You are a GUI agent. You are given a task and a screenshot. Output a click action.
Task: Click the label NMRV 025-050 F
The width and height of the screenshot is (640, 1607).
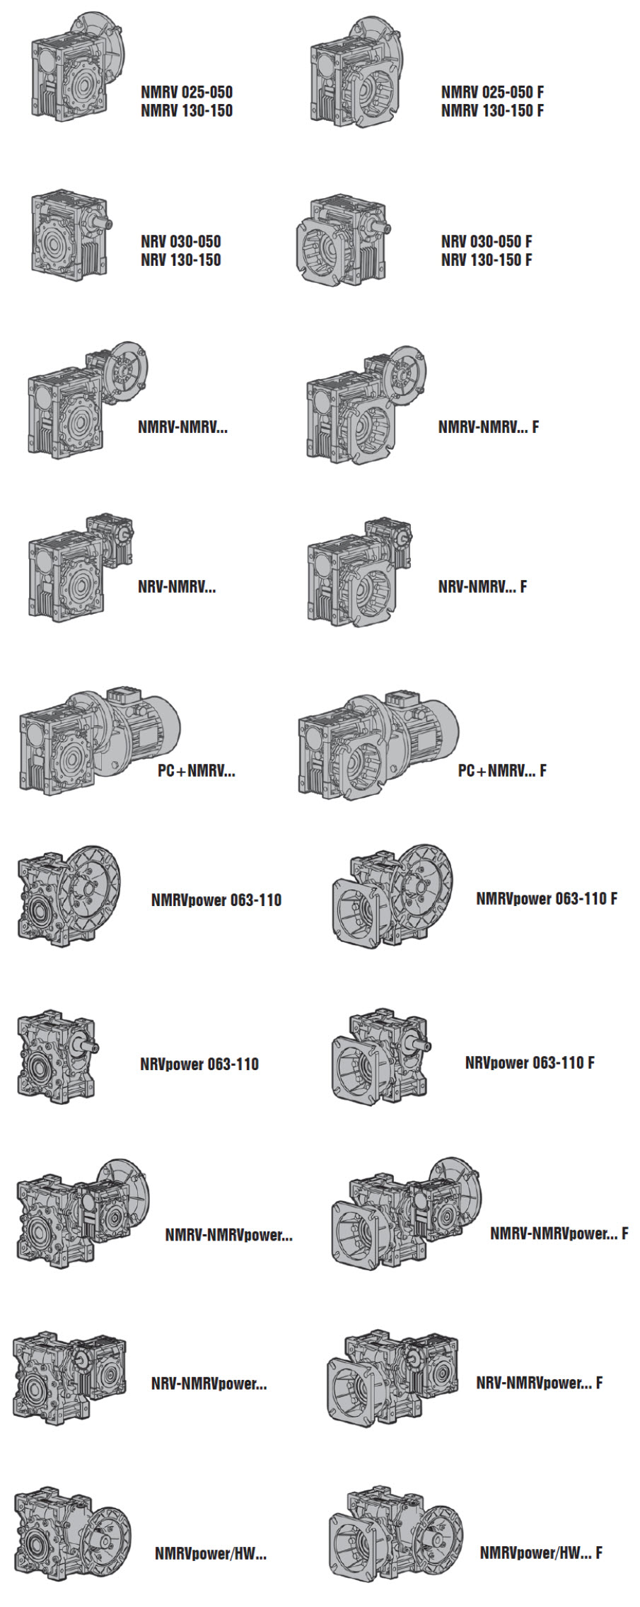tap(492, 92)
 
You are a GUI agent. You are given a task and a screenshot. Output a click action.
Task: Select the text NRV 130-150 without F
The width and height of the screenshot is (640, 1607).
tap(181, 260)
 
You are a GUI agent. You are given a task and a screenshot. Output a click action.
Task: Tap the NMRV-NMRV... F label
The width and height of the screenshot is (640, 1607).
tap(488, 427)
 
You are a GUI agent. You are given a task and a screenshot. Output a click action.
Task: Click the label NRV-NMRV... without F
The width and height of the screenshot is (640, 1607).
tap(177, 586)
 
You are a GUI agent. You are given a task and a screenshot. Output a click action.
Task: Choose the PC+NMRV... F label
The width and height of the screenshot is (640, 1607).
tap(502, 770)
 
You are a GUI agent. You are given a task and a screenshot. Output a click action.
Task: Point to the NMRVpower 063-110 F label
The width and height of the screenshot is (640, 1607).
tap(547, 898)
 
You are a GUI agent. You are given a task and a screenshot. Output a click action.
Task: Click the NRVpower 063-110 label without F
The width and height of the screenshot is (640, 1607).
tap(199, 1064)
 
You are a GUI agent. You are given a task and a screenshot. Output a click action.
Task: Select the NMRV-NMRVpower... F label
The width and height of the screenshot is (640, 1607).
tap(559, 1234)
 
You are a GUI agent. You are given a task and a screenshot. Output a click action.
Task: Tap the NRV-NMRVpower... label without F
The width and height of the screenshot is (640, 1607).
tap(209, 1383)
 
